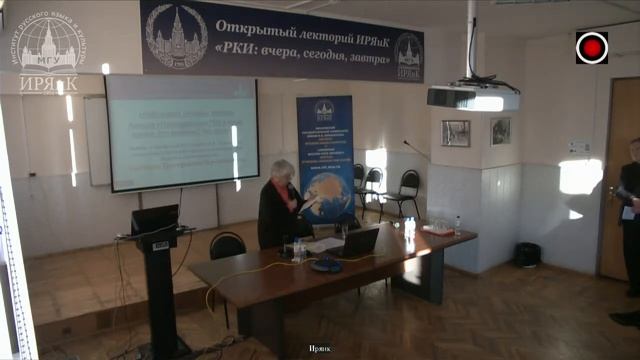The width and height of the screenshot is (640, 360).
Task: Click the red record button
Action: pos(592,47)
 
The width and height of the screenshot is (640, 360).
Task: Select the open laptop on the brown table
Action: pos(358,241)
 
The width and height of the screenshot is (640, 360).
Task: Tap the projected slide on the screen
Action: pos(180,133)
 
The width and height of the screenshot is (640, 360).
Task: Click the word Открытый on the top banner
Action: pos(256,21)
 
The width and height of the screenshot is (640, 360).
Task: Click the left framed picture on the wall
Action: pos(456,133)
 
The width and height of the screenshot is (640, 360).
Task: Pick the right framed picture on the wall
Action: pos(500,131)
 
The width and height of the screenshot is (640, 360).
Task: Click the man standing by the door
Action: pos(630,220)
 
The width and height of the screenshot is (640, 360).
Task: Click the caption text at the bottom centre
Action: pos(319,348)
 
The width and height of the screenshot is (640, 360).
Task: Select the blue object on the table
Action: pos(326,265)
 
